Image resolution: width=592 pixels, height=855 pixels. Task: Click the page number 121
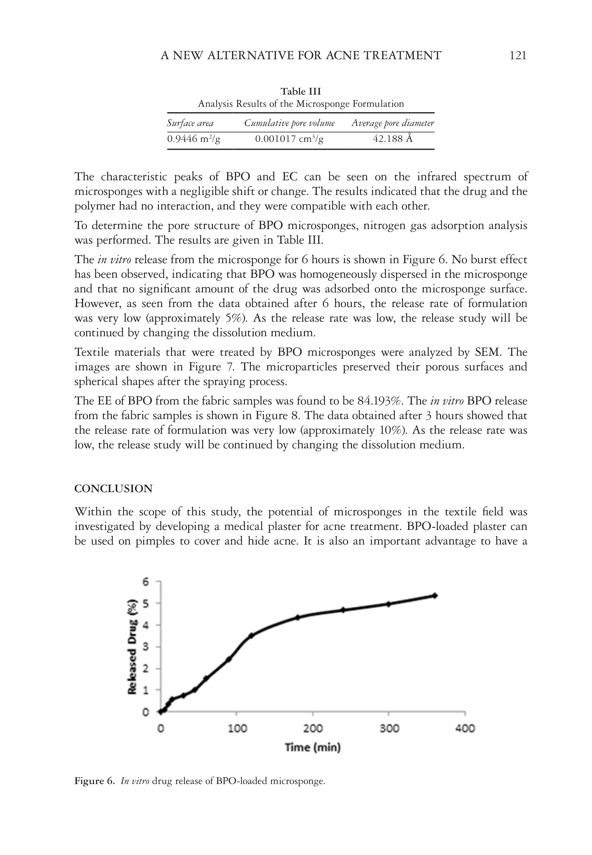coord(518,56)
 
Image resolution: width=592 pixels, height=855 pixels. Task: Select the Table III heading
coord(300,91)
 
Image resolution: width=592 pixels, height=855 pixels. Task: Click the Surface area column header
coord(190,123)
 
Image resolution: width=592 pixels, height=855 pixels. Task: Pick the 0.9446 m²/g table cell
coord(193,139)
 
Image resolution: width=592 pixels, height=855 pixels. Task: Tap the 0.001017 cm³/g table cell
coord(289,139)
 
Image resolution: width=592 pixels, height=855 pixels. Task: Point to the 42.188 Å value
coord(392,139)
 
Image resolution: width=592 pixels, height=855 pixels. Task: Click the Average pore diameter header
coord(392,123)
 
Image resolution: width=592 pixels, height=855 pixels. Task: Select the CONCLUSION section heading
coord(113,489)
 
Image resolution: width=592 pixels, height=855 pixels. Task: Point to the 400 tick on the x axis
coord(465,728)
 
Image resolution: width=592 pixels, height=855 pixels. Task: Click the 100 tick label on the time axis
coord(237,728)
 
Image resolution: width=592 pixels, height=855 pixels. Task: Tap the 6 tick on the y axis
coord(146,582)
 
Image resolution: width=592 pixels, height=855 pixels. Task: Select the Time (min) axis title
coord(313,747)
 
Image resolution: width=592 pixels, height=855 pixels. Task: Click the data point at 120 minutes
coord(251,635)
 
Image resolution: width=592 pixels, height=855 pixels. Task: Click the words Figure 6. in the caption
coord(95,781)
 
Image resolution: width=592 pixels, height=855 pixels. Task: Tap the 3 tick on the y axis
coord(146,647)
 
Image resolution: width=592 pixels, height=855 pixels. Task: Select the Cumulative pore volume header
coord(289,123)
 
